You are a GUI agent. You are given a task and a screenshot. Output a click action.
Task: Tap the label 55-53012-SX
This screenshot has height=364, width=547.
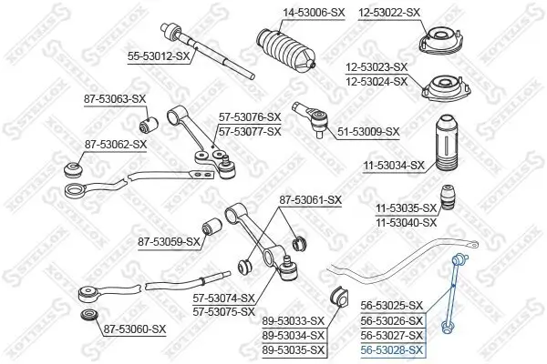point(160,56)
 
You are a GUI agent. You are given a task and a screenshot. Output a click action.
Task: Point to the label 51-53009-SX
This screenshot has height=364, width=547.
point(367,131)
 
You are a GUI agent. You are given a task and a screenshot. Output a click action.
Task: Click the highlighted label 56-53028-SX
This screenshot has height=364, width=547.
point(391,349)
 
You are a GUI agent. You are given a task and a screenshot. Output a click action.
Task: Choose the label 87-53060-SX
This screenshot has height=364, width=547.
point(134,329)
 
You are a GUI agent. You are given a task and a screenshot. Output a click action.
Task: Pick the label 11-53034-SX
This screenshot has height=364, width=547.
point(393,165)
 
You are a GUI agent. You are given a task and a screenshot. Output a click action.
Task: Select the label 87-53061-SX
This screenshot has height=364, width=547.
point(310,199)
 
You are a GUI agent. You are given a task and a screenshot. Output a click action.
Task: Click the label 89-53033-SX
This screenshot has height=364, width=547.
point(293,320)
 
